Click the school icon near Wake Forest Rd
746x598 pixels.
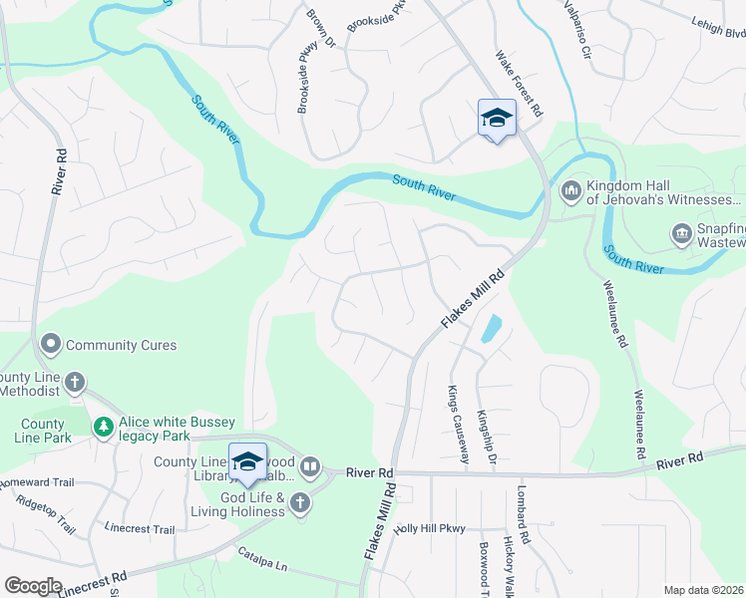(497, 119)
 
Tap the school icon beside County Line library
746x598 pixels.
(247, 461)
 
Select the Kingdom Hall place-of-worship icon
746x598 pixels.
(571, 188)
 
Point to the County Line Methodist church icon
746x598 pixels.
(74, 382)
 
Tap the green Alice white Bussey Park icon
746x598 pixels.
(103, 427)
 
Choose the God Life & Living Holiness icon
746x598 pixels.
(300, 504)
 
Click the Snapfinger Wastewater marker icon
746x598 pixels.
(681, 234)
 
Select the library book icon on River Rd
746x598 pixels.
(310, 466)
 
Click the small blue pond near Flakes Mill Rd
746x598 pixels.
(491, 328)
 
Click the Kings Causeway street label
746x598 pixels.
(458, 425)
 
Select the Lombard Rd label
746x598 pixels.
(521, 514)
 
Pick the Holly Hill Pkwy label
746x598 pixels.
(430, 529)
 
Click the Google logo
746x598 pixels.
(33, 585)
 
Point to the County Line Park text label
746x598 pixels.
(43, 430)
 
